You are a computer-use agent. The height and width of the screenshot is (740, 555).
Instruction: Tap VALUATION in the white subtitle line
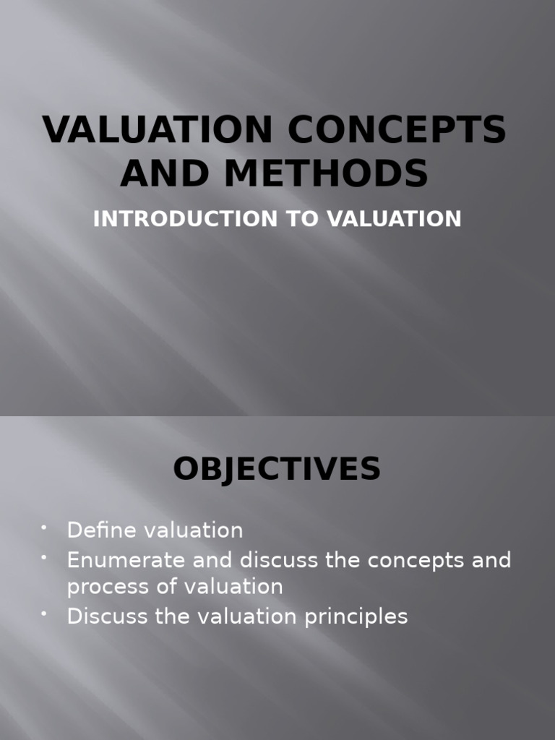[x=394, y=219]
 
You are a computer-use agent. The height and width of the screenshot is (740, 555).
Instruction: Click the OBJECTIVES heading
[x=277, y=469]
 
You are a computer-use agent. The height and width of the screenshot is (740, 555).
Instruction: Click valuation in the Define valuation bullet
[x=194, y=530]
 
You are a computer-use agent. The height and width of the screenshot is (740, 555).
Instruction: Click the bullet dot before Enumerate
[x=45, y=557]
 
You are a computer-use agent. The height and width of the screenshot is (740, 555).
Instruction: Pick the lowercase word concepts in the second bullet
[x=405, y=560]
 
